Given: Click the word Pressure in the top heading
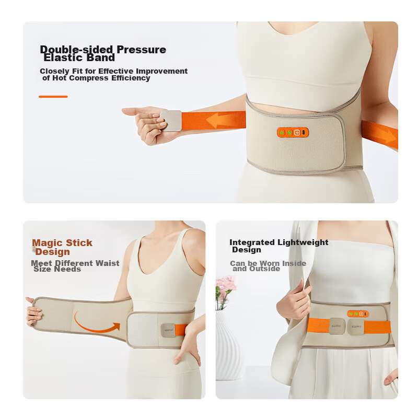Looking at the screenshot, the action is coord(141,49).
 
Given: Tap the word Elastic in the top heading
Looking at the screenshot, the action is coord(60,57).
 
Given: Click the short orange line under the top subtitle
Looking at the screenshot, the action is coord(53,97).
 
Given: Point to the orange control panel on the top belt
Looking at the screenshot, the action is coord(293,133).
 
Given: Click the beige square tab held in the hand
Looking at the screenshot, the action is coord(171,121).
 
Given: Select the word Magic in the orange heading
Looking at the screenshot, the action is coord(48,243).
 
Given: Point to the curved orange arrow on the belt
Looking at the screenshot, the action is coord(96,323).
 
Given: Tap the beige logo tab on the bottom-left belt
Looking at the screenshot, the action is coord(168,330).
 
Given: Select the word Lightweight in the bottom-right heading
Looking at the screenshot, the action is coord(303,242).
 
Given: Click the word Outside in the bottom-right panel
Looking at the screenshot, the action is coord(264,269).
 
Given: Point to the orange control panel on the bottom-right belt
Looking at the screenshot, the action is coord(358,314).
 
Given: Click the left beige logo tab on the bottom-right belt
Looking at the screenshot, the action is coord(337,326).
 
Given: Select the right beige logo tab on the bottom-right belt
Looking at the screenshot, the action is coord(356,327).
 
